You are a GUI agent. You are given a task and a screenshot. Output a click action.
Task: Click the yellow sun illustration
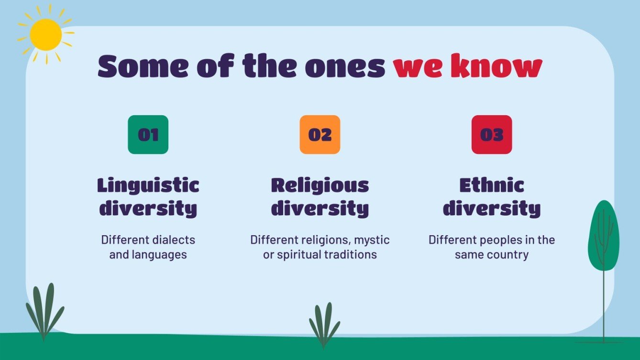point(45,35)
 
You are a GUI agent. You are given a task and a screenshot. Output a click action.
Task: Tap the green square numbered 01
point(148,135)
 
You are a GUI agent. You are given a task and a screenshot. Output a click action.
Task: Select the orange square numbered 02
point(320,135)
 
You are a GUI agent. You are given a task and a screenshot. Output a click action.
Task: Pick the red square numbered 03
point(492,135)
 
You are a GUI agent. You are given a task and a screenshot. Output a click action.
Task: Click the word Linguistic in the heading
point(148,185)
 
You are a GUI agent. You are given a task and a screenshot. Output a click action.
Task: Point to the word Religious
point(320,185)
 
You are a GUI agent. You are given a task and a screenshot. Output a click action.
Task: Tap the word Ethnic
point(492,185)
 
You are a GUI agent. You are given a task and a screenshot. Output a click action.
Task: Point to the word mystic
point(372,240)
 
